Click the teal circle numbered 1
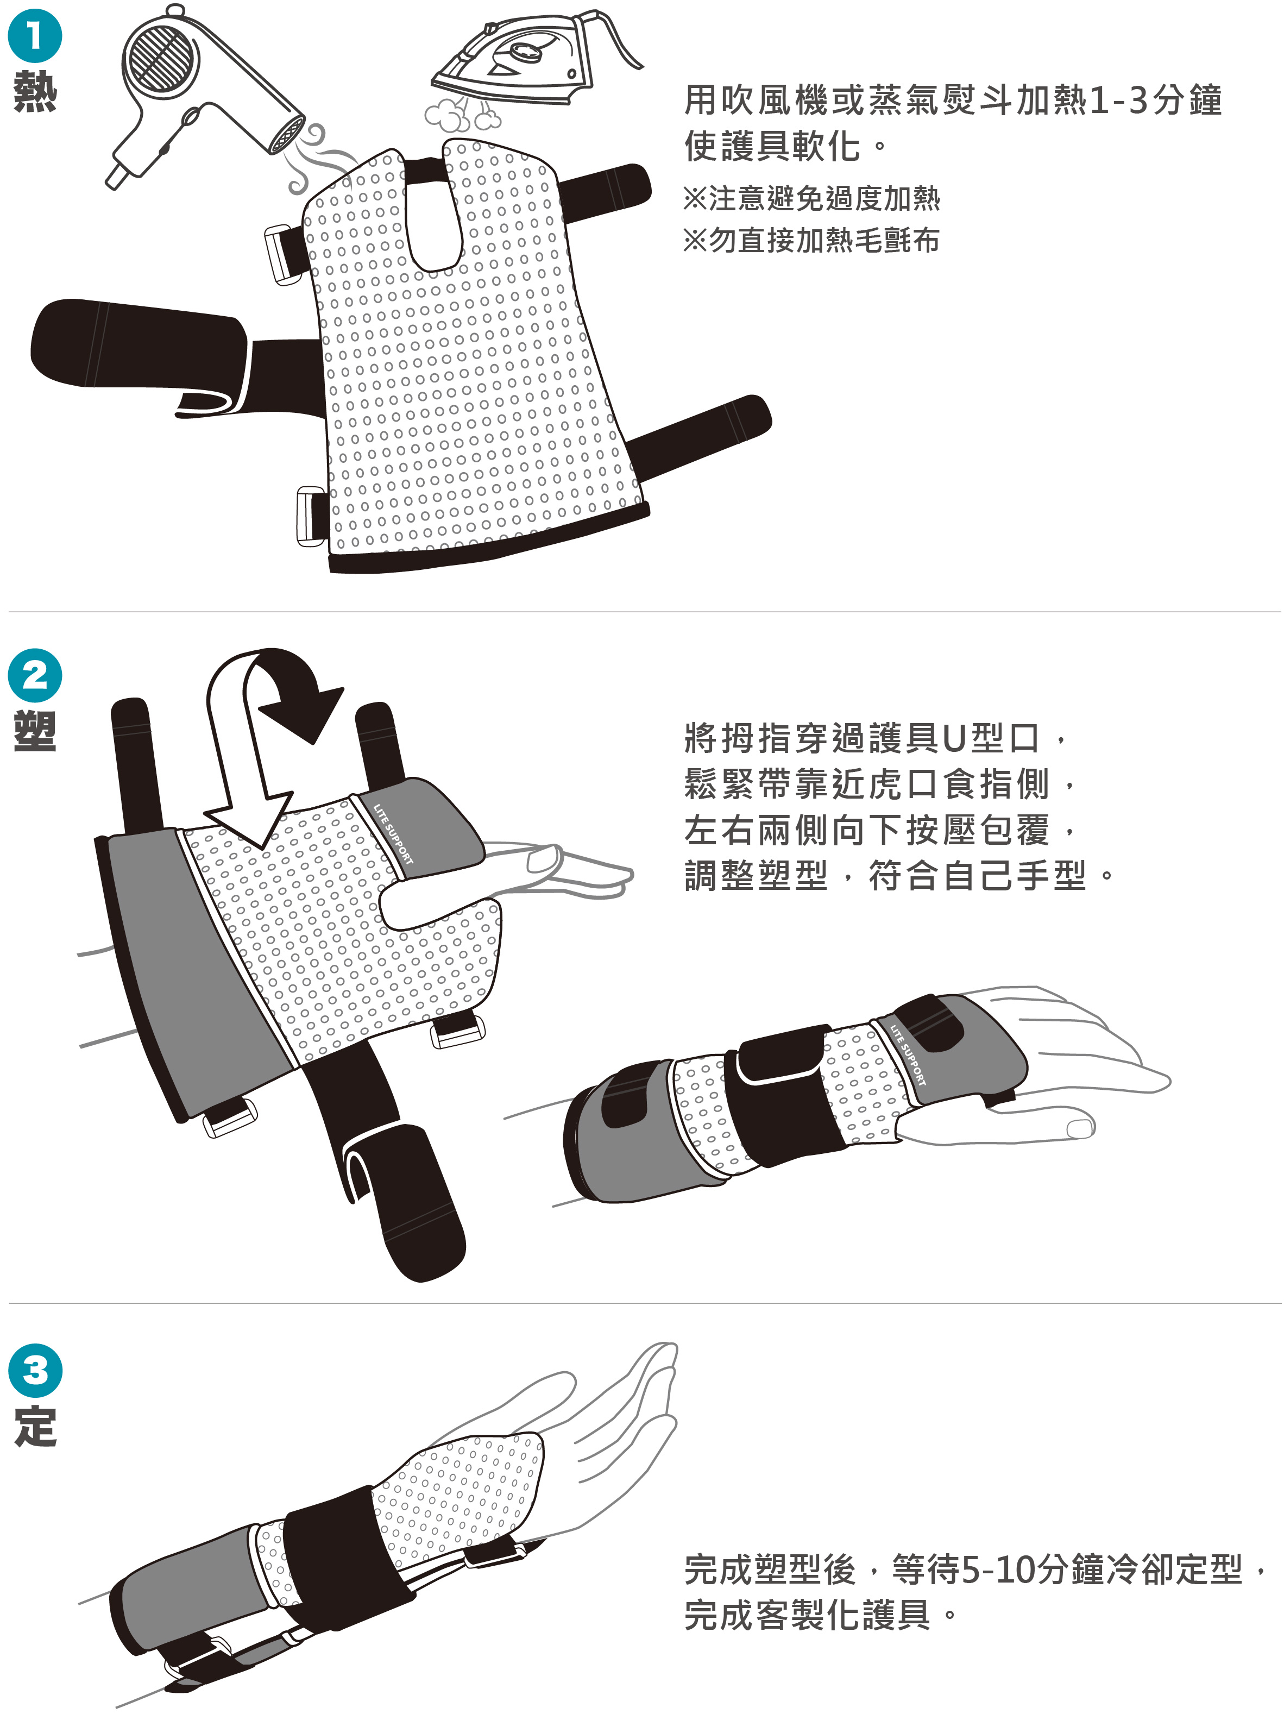pos(35,36)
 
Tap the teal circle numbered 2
pos(35,676)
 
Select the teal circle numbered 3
pos(35,1370)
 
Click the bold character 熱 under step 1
pos(35,91)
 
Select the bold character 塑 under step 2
pos(35,731)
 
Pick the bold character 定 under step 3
pos(35,1426)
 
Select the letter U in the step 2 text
pos(955,738)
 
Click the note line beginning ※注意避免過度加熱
pos(811,198)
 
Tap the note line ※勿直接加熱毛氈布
pos(811,240)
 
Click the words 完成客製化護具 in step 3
pos(808,1616)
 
